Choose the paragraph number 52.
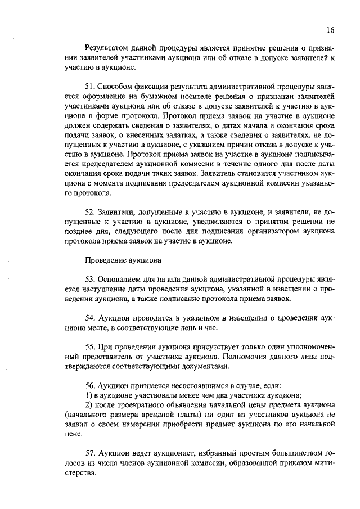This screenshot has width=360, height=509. [89, 213]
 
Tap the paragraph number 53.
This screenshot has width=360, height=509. [89, 280]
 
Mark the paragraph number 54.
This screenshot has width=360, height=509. [89, 318]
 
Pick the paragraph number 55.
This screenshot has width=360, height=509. [89, 347]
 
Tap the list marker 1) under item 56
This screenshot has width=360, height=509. [88, 395]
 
